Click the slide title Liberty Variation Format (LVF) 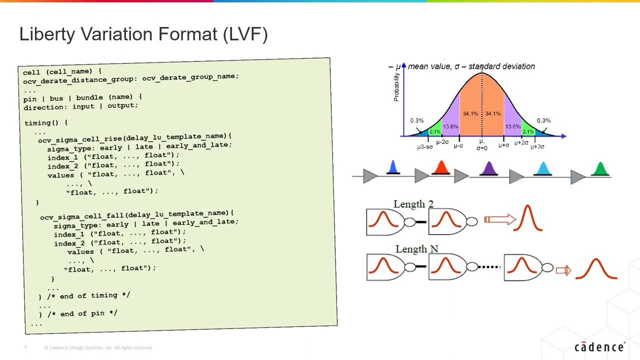(x=143, y=34)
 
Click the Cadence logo (x=599, y=347)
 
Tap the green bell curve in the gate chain (x=600, y=169)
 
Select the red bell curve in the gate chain (x=441, y=168)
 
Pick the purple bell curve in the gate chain (x=488, y=169)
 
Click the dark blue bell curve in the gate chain (x=393, y=168)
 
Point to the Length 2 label (x=413, y=204)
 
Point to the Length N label (x=416, y=249)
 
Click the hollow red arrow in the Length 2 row (x=499, y=219)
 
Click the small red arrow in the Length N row (x=563, y=270)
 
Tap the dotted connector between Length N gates (x=489, y=267)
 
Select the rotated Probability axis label (x=396, y=87)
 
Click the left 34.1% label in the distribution (x=470, y=114)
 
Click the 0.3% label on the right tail (x=543, y=120)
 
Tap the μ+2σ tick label (x=521, y=143)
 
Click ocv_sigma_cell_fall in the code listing (x=82, y=216)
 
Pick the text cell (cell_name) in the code (x=62, y=71)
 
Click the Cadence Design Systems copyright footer (x=98, y=347)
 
